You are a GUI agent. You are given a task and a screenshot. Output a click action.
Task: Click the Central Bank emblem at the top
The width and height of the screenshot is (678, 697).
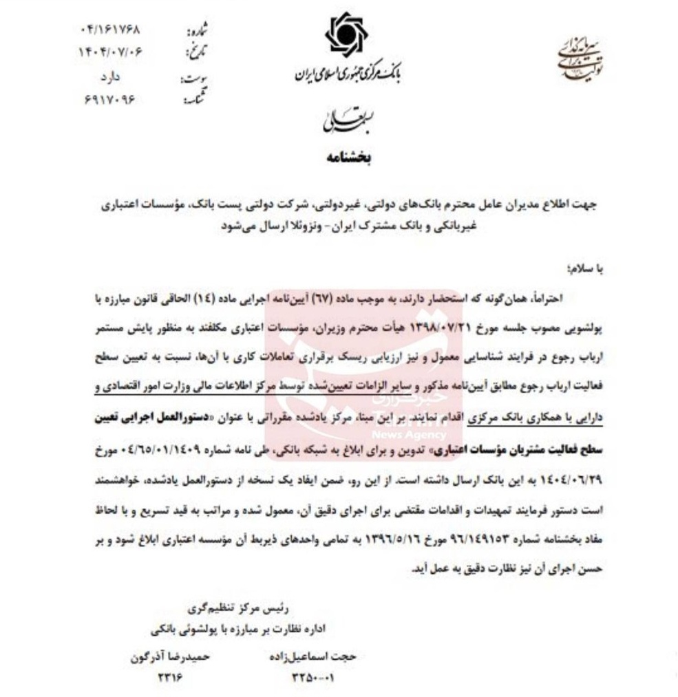point(347,35)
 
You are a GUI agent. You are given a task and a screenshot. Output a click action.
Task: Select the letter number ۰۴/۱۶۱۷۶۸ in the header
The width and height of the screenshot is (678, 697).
point(111,31)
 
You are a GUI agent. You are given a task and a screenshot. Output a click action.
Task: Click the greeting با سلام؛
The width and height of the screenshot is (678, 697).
point(580,270)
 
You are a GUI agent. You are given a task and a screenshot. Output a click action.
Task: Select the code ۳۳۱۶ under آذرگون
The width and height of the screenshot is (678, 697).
point(168,678)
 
